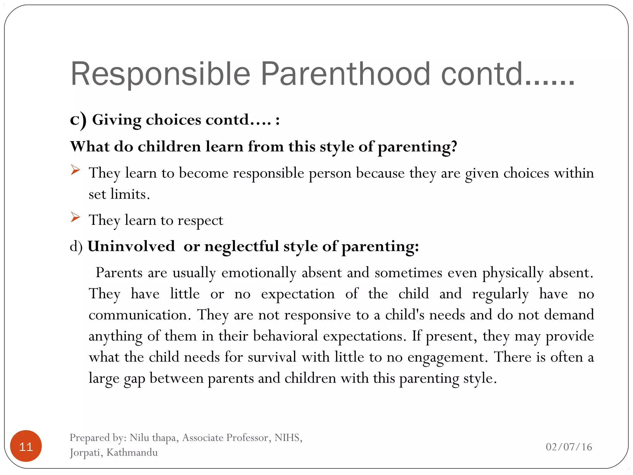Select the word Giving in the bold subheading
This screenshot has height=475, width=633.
coord(117,120)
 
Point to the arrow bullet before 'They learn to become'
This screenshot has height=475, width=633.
coord(75,170)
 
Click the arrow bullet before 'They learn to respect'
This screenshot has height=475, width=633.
coord(75,217)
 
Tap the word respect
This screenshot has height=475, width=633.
coord(200,221)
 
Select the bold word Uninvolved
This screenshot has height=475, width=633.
coord(131,246)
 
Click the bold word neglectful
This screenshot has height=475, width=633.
coord(241,246)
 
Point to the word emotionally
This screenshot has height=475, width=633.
coord(259,273)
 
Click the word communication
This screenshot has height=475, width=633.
coord(138,315)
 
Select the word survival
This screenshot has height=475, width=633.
coord(272,357)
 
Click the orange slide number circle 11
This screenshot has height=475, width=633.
coord(26,446)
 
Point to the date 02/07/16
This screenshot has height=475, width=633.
coord(569,447)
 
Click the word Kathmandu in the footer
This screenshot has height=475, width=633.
coord(132,452)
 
